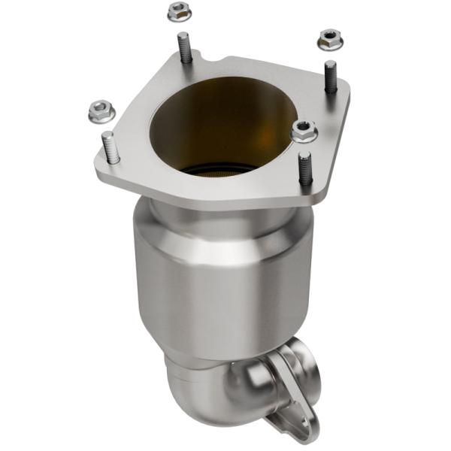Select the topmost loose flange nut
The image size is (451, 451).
(177, 11)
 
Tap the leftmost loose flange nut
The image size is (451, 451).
(99, 113)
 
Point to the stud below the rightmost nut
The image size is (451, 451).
(330, 77)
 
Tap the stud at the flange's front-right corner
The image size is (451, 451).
(304, 171)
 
